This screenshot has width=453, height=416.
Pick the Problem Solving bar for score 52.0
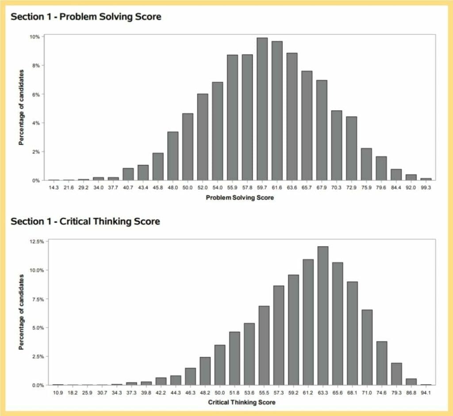coord(203,137)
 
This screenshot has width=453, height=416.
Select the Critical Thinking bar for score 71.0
coord(367,347)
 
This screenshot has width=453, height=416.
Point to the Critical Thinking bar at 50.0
coord(220,365)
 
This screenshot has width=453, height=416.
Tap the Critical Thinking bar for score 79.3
coord(397,374)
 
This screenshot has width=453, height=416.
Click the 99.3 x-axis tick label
coord(426,188)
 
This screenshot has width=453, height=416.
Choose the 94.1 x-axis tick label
coord(426,392)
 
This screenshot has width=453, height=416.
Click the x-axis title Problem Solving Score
coord(240,198)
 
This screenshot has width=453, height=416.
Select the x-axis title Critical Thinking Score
coord(242,402)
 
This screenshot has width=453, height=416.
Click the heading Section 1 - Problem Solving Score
coord(86,17)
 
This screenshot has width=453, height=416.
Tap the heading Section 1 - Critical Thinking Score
coord(85,221)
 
